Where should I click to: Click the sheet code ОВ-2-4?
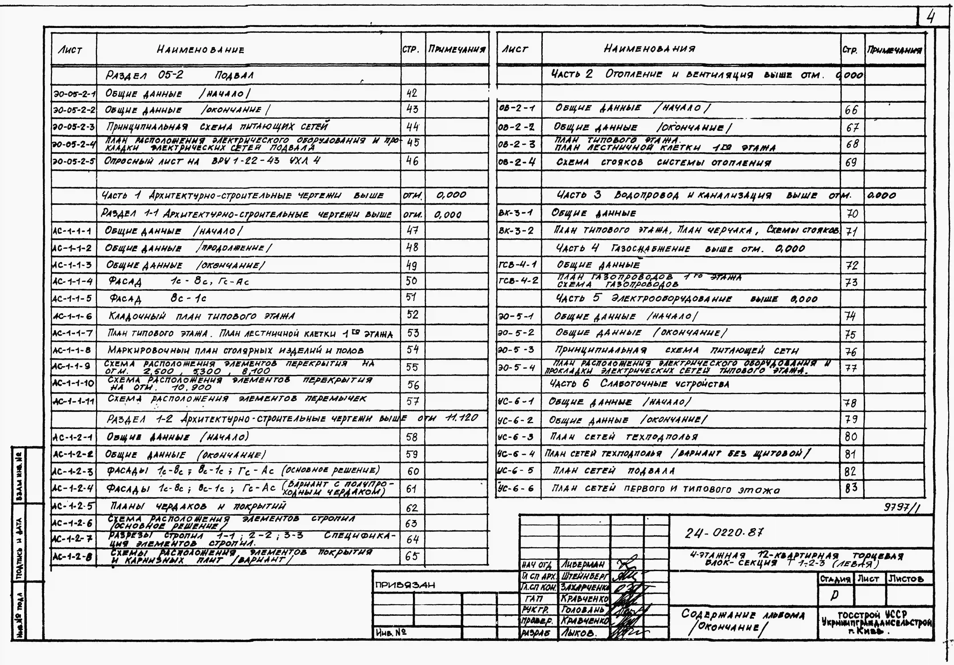point(517,162)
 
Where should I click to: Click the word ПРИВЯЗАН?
point(405,585)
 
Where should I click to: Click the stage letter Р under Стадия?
point(834,596)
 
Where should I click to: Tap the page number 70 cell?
point(852,214)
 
